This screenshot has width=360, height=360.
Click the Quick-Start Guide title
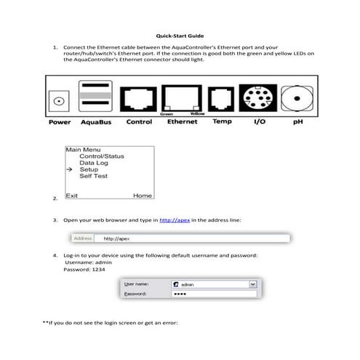point(180,35)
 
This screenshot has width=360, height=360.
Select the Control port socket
point(138,97)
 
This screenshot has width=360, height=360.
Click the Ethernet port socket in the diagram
point(182,97)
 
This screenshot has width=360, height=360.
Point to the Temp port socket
point(221,97)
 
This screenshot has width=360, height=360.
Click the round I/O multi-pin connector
point(258,97)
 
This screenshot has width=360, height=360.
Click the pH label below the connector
point(297,122)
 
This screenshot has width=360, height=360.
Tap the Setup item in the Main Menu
point(89,169)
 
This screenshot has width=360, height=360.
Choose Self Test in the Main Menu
point(94,176)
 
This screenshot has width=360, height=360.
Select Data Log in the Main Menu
point(94,163)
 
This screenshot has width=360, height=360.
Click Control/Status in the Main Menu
point(102,156)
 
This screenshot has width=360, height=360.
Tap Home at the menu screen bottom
point(142,196)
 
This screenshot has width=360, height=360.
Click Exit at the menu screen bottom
point(72,196)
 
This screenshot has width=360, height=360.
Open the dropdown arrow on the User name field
point(252,285)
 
